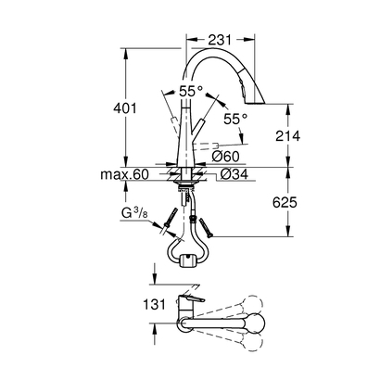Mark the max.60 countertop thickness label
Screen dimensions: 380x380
(x=128, y=172)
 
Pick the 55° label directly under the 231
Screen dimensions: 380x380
(x=192, y=93)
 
